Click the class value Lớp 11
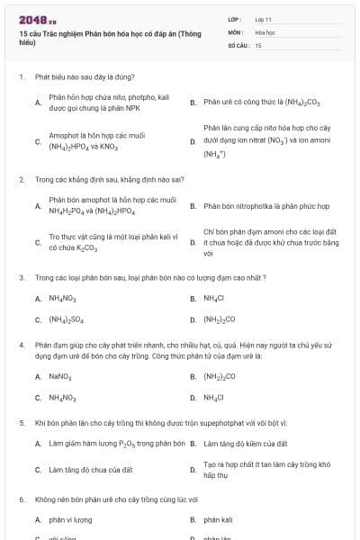[263, 18]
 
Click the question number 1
[21, 78]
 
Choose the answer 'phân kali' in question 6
[219, 520]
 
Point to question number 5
[21, 421]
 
